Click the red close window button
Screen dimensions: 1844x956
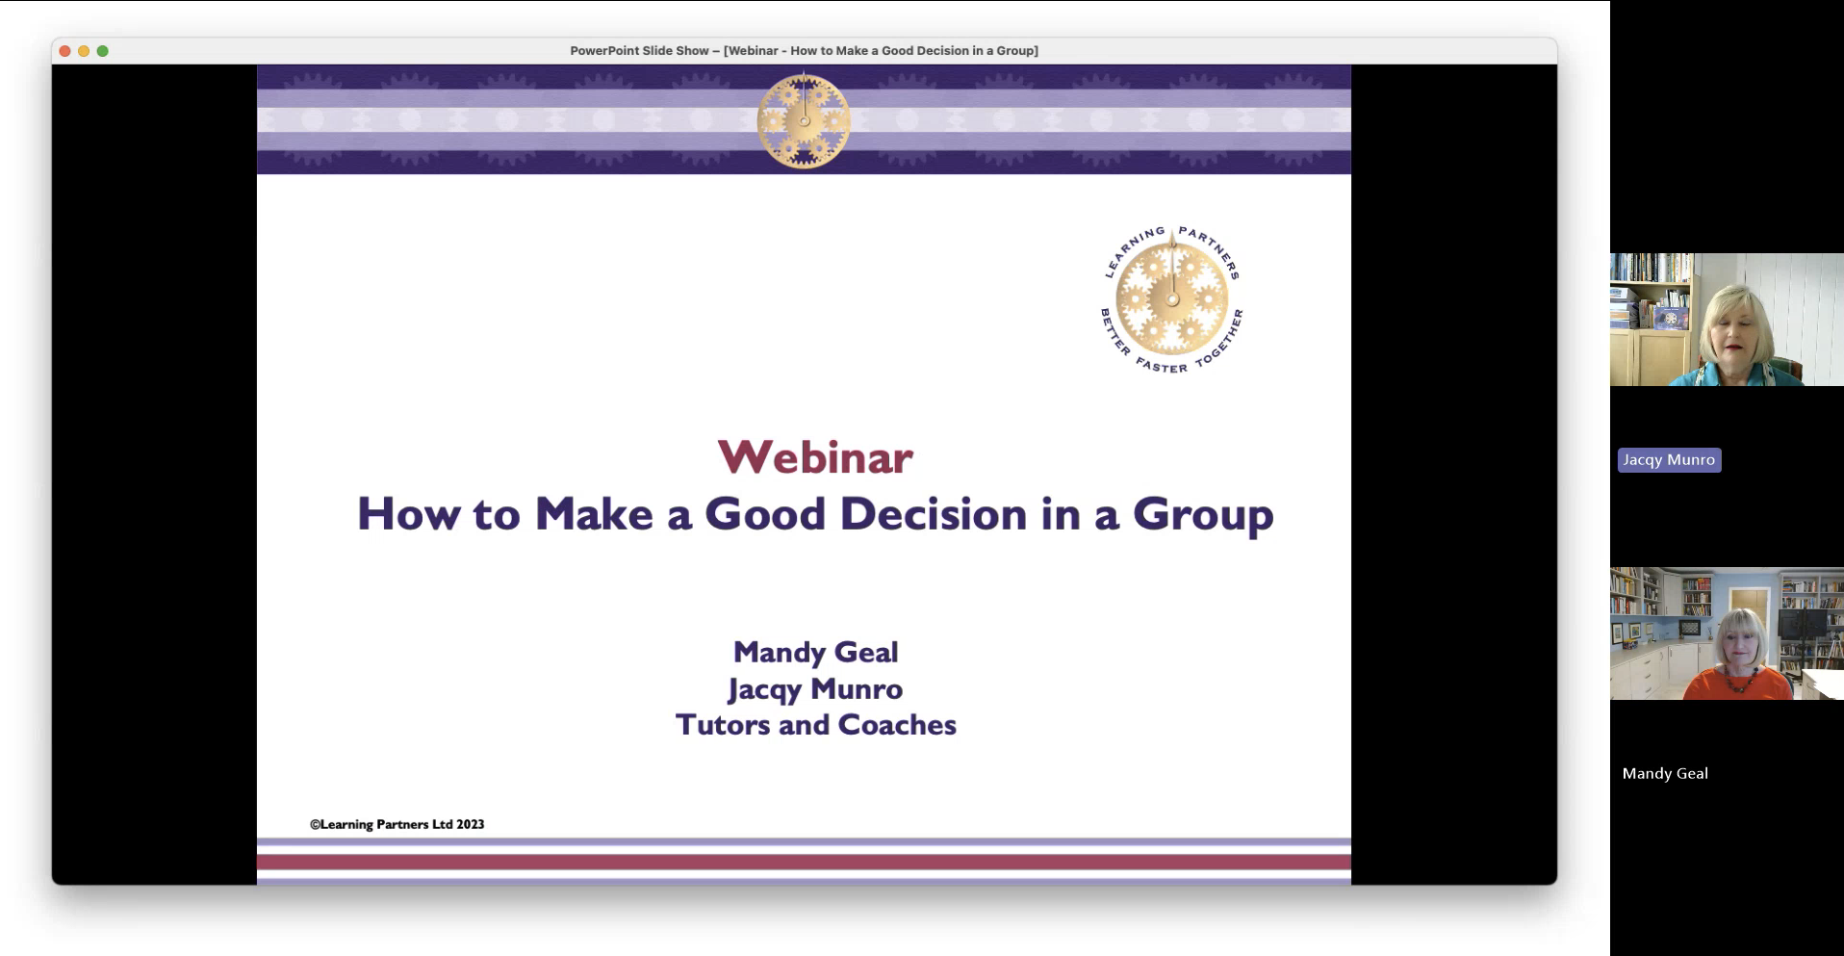64,51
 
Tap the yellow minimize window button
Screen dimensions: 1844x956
84,51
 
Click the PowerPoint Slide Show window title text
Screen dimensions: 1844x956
804,51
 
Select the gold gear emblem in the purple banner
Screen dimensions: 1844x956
804,121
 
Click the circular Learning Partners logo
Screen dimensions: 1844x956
1172,299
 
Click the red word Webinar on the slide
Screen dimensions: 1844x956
815,457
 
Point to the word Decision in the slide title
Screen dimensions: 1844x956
934,514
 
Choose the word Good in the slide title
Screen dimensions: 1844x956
765,514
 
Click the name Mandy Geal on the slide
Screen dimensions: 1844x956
815,653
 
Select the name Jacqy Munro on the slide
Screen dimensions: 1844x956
815,690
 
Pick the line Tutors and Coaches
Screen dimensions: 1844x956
815,725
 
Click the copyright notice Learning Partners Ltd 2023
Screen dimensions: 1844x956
397,824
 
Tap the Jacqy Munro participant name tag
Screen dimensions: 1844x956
1669,460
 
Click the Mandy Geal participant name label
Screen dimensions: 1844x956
1665,773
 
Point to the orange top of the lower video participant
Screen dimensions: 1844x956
1737,685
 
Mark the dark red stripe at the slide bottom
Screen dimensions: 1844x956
804,862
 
